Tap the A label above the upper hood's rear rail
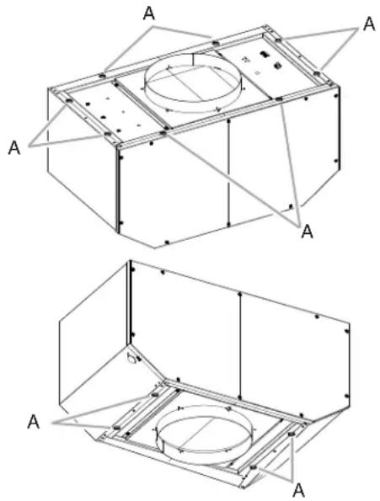pos(149,13)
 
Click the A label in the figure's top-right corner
pos(369,24)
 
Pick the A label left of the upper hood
pos(14,148)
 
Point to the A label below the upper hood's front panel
pos(308,231)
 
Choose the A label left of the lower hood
pos(33,422)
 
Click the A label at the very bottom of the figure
pos(298,490)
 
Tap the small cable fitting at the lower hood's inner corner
pos(132,359)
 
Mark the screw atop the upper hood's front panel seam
pos(228,121)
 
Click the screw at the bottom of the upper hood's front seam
pos(228,223)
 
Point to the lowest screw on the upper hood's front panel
pos(167,243)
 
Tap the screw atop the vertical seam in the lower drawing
pos(239,293)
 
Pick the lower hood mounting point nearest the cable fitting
pos(155,395)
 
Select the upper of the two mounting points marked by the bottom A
pos(292,434)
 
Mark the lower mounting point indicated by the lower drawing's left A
pos(116,427)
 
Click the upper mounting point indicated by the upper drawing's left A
pos(68,101)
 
